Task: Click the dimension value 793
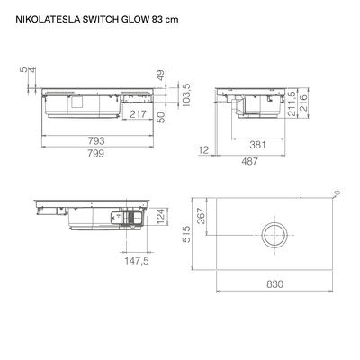96,140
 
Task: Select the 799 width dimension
96,154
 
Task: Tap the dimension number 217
138,114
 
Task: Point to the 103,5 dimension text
186,95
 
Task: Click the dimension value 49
161,76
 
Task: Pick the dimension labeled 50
161,117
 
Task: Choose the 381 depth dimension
257,145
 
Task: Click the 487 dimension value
249,161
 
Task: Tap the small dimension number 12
203,150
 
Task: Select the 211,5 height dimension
292,103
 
